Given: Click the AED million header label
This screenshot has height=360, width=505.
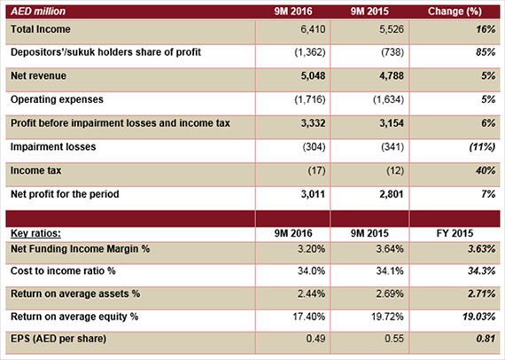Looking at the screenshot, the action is pos(38,12).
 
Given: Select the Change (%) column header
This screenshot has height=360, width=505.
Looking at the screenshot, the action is pos(454,12).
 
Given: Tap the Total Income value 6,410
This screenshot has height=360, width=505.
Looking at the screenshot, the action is pos(313,29).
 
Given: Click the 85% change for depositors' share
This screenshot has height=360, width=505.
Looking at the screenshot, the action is pos(486,52).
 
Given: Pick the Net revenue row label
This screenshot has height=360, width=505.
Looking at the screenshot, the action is pos(38,75).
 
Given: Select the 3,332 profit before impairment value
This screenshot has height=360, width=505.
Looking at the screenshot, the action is pos(313,123).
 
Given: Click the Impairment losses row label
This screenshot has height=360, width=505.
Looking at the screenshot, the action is pos(53,147).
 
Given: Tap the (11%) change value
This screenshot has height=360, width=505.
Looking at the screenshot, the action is pos(482,147).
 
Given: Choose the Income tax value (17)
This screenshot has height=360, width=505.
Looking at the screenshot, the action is pos(316,170).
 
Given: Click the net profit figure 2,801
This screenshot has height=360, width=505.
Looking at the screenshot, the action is pos(392,194).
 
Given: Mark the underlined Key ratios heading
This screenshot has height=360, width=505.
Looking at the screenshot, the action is pos(35,233).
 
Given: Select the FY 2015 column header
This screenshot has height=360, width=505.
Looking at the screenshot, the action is pos(454,233).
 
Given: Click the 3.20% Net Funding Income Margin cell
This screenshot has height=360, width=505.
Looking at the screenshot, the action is pos(311,249).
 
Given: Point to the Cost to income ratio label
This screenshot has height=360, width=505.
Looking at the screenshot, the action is pos(63,271).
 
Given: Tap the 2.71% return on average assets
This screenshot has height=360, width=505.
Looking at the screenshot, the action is pos(482,293).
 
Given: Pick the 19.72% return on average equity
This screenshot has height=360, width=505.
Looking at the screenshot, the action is pos(387,317).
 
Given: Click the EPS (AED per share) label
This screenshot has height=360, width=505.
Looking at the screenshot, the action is pos(58,339).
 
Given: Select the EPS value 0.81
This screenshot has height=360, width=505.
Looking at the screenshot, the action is pos(486,339).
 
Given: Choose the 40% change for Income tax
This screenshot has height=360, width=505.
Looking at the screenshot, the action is pos(486,170).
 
